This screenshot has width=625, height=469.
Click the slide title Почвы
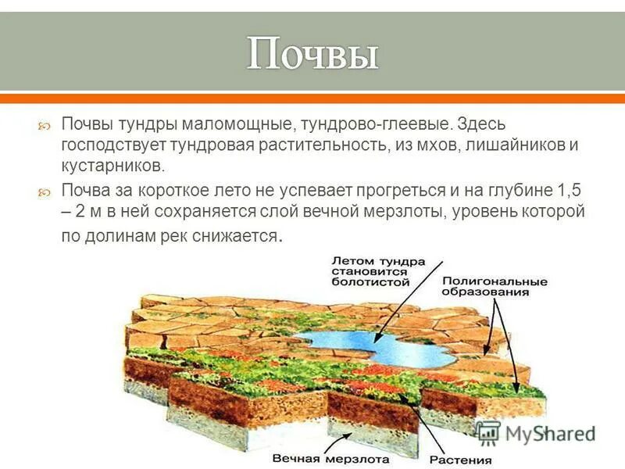click(312, 55)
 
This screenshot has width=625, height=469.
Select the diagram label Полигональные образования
click(495, 286)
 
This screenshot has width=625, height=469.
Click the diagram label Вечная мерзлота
click(316, 459)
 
